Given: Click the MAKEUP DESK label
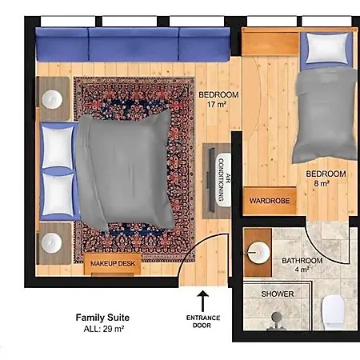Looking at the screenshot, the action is pyautogui.click(x=113, y=263).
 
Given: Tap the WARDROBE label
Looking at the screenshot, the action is pyautogui.click(x=270, y=201).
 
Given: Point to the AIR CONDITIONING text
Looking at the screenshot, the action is pyautogui.click(x=224, y=179).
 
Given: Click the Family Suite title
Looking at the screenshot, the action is pyautogui.click(x=102, y=318).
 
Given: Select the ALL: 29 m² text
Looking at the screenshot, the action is pyautogui.click(x=104, y=329).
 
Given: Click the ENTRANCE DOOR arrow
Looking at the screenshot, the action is pyautogui.click(x=202, y=301).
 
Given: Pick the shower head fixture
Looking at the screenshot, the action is pyautogui.click(x=277, y=321).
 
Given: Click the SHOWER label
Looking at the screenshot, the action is pyautogui.click(x=278, y=294).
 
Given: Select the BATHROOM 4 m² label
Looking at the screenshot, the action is pyautogui.click(x=302, y=265).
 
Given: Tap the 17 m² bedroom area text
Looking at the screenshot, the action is pyautogui.click(x=217, y=104).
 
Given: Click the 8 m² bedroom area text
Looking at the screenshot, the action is pyautogui.click(x=322, y=183).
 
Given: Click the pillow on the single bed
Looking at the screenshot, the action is pyautogui.click(x=327, y=48).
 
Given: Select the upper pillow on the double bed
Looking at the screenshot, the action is pyautogui.click(x=58, y=147).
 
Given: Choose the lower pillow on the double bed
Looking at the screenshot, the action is pyautogui.click(x=58, y=194).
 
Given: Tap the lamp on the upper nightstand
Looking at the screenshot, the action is pyautogui.click(x=52, y=99).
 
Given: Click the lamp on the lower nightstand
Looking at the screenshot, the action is pyautogui.click(x=51, y=243).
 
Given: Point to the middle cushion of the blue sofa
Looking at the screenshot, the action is pyautogui.click(x=134, y=45).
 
